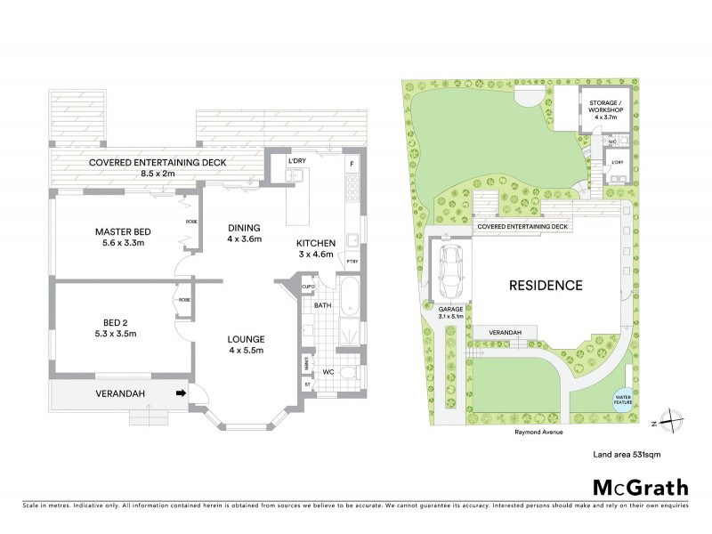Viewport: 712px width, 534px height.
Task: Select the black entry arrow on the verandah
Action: [x=182, y=392]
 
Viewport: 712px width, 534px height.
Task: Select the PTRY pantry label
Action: [x=352, y=261]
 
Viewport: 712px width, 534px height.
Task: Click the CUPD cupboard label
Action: [x=308, y=287]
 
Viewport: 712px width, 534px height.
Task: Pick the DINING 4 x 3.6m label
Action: [x=244, y=233]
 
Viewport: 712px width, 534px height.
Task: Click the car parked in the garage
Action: [x=451, y=274]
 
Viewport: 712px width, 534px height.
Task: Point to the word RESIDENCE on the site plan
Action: [x=545, y=286]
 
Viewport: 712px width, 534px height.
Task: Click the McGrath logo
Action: [x=640, y=487]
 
